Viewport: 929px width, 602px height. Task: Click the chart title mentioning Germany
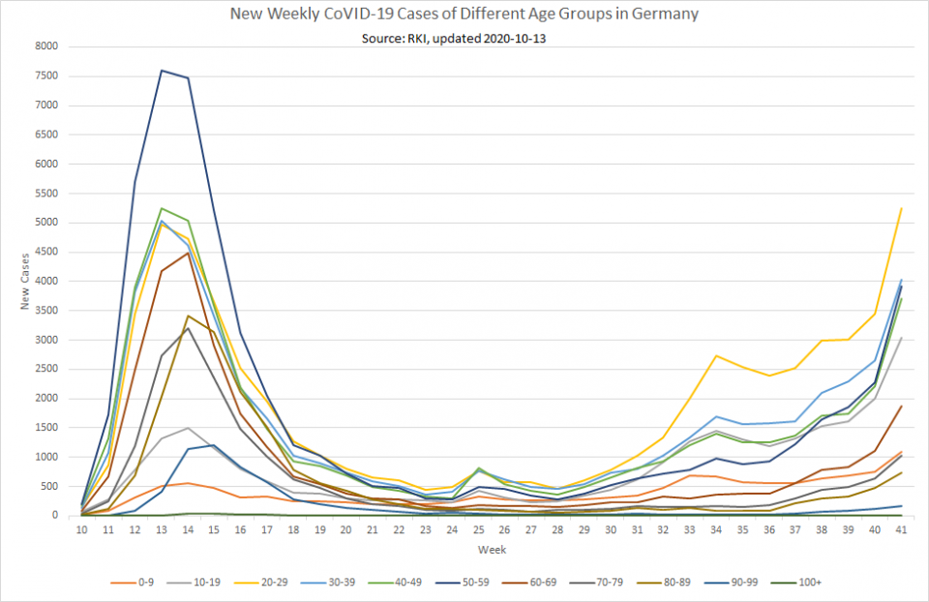[464, 15]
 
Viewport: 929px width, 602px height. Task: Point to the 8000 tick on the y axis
[45, 46]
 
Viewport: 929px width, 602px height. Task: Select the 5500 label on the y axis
[45, 194]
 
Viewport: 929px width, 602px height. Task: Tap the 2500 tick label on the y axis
[45, 369]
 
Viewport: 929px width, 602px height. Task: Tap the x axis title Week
[491, 549]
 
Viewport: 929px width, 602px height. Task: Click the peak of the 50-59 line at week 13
[162, 70]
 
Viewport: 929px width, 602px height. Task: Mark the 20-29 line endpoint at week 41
[901, 208]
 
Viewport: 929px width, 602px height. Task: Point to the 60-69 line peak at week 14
[188, 253]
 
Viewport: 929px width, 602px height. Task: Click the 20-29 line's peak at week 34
[716, 355]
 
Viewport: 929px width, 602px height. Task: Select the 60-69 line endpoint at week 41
[901, 406]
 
